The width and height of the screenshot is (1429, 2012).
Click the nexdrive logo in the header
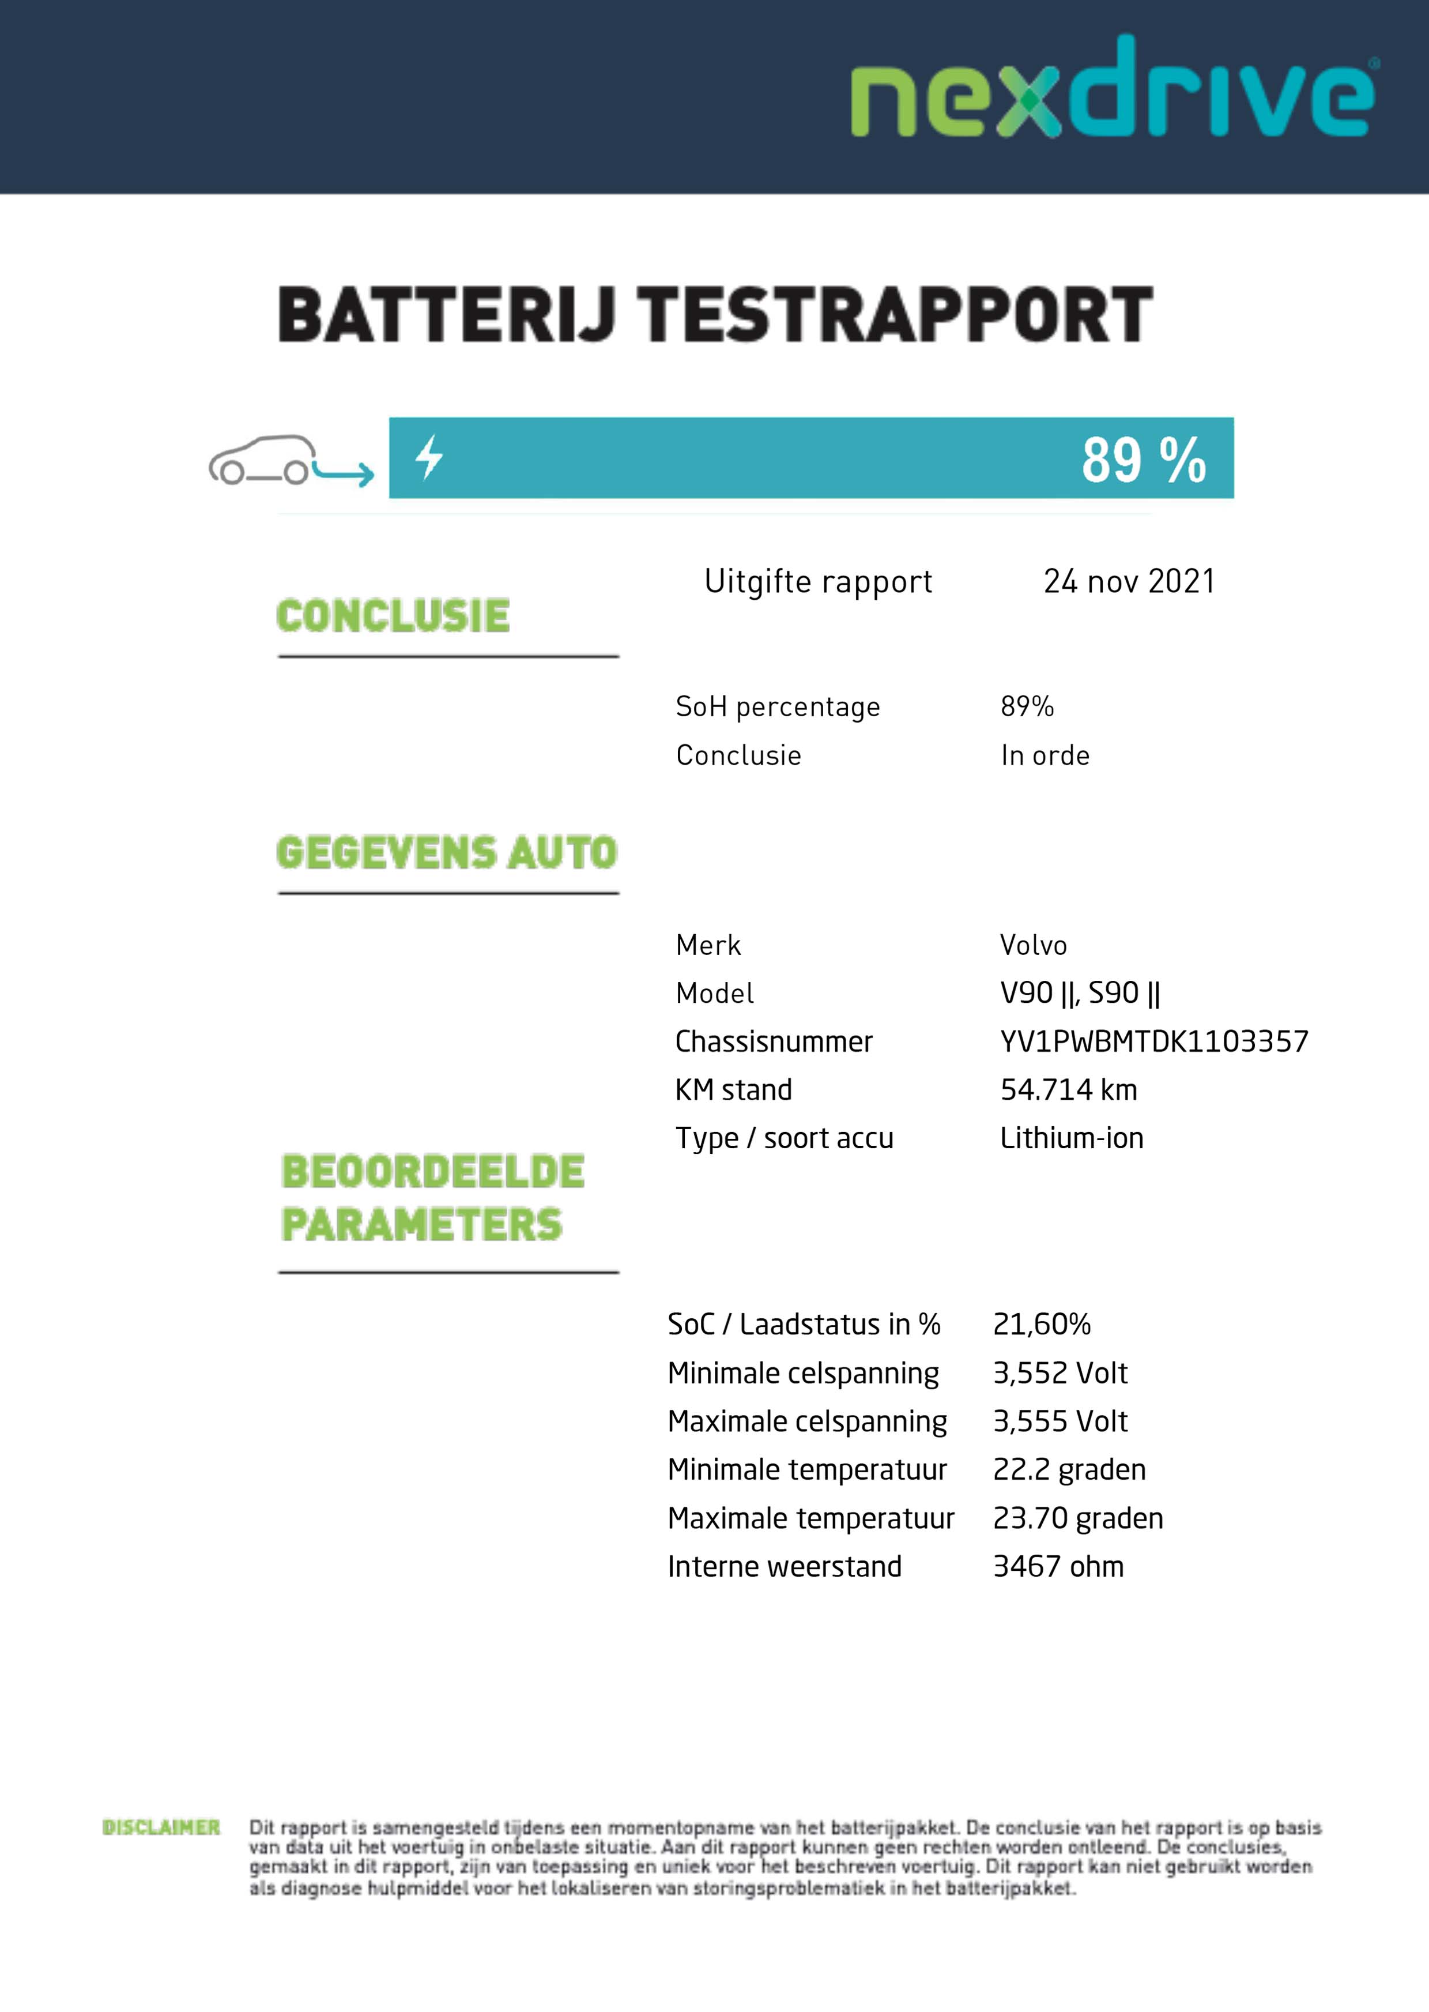click(1113, 88)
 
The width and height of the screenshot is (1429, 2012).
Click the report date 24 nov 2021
click(1129, 582)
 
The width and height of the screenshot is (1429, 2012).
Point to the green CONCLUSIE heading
click(393, 615)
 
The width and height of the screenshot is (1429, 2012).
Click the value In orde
click(1045, 755)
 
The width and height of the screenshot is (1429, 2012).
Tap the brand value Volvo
click(1033, 945)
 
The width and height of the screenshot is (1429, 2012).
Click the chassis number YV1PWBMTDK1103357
click(1153, 1042)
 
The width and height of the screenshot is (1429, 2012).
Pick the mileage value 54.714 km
click(1068, 1090)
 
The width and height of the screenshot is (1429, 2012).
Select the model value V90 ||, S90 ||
click(1080, 994)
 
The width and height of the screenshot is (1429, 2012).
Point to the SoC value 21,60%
click(1041, 1325)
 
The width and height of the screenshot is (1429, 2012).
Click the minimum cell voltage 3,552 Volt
click(1060, 1373)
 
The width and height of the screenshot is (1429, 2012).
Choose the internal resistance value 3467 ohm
click(1058, 1567)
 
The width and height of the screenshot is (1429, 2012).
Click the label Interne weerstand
click(784, 1567)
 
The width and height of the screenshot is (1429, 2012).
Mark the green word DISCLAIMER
click(161, 1828)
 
